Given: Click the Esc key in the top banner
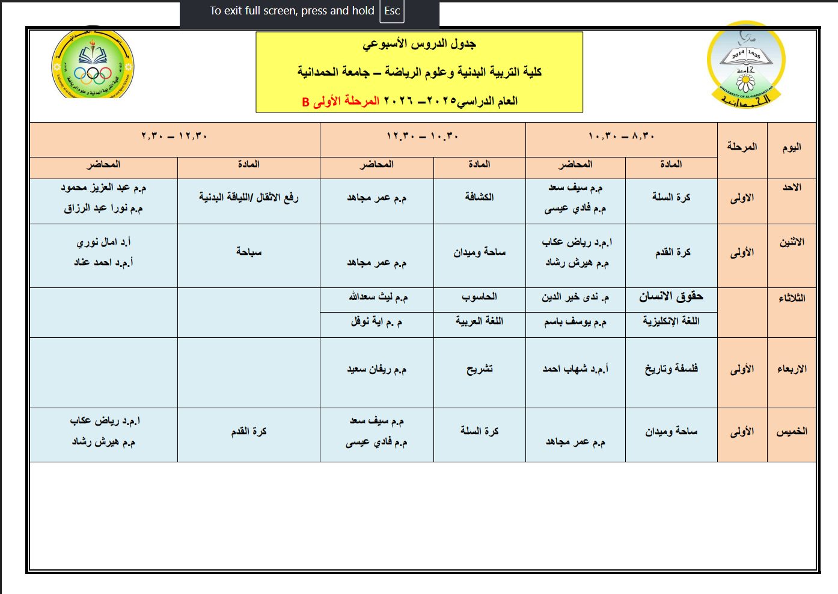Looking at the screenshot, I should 391,11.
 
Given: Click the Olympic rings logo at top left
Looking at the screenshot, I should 93,65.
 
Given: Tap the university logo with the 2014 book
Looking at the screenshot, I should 745,65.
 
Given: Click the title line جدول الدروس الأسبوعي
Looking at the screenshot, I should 419,44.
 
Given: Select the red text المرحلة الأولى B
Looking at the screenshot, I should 340,101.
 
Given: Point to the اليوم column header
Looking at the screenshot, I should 791,147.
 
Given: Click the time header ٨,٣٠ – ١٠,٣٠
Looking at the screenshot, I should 621,136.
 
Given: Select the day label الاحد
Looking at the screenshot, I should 791,188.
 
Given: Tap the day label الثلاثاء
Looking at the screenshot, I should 791,298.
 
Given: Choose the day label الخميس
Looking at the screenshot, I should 791,431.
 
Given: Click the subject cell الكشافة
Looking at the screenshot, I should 479,197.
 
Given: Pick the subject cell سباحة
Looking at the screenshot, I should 248,252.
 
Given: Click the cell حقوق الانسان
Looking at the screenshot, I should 671,296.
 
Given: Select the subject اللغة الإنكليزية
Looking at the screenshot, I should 671,321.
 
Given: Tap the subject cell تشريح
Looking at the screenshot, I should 479,369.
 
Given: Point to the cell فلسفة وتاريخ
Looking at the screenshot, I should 671,369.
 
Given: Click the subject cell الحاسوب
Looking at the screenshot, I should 479,297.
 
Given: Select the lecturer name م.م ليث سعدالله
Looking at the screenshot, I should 378,297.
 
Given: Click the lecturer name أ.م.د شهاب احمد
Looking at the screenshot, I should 575,369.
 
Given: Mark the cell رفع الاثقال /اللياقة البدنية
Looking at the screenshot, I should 248,197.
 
